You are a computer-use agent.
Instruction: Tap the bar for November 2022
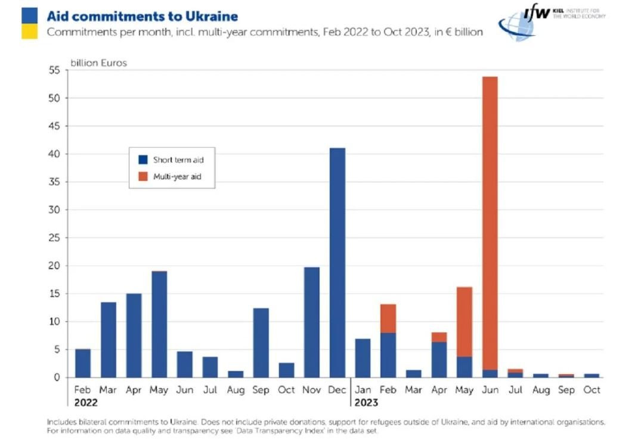point(312,322)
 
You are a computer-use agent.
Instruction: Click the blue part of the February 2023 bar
point(388,355)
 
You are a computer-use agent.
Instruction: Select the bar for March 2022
point(109,340)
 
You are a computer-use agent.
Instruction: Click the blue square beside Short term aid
point(143,160)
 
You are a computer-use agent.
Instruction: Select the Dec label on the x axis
point(338,390)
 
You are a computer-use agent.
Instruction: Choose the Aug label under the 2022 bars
point(236,390)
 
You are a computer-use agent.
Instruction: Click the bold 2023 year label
point(366,403)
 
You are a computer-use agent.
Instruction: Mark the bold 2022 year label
point(86,403)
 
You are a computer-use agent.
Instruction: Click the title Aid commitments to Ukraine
point(142,16)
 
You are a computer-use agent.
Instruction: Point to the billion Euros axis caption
point(99,63)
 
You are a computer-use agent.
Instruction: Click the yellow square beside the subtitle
point(29,32)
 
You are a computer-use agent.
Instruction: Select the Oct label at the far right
point(592,390)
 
